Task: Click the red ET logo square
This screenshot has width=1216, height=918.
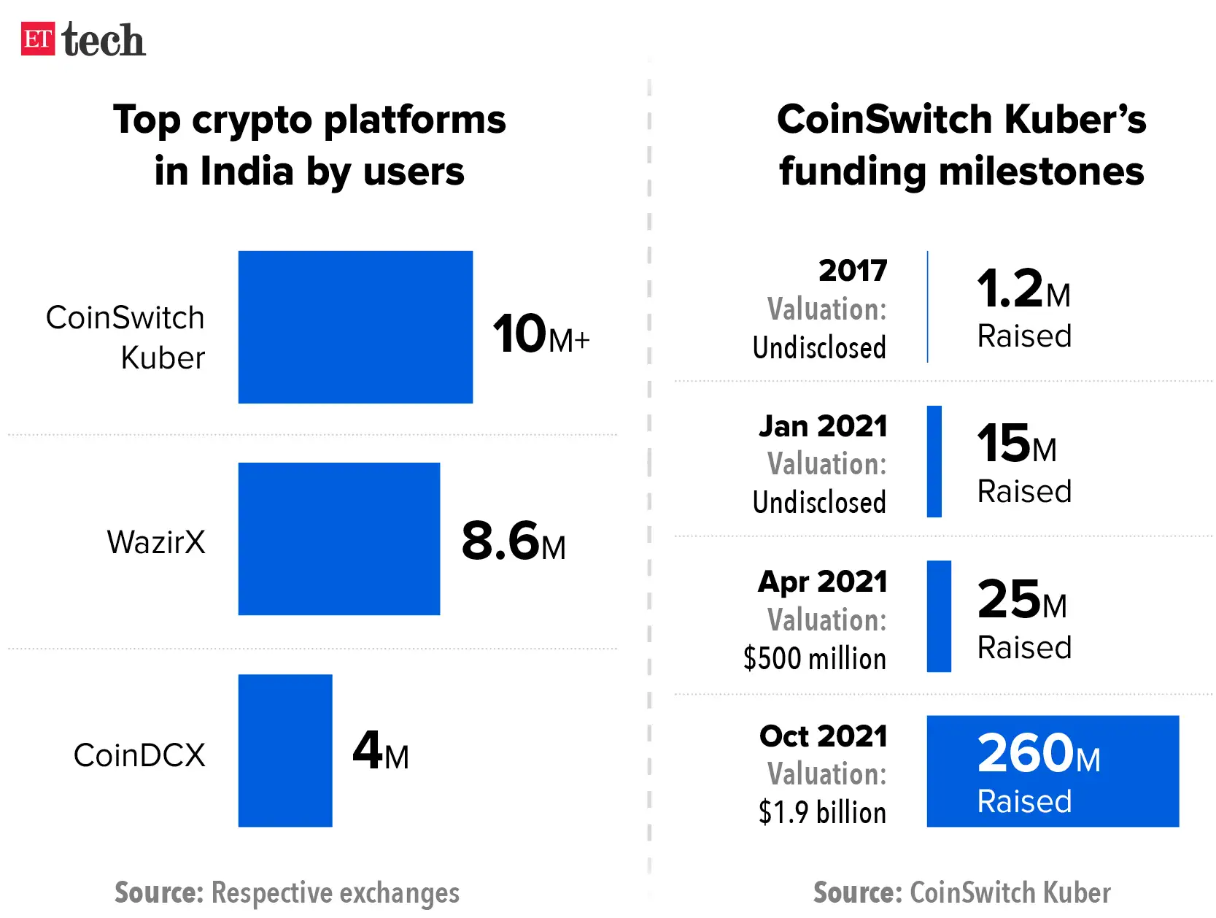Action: tap(38, 39)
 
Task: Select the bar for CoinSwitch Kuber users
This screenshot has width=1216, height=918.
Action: tap(355, 327)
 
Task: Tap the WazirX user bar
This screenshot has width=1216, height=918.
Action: tap(338, 539)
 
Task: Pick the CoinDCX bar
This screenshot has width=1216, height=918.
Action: tap(285, 750)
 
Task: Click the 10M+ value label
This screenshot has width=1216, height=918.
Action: tap(540, 335)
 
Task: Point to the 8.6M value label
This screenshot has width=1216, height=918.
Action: tap(513, 542)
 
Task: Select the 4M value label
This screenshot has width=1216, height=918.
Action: tap(380, 752)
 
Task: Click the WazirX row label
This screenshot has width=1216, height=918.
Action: tap(156, 542)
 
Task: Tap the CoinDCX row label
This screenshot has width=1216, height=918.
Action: tap(139, 755)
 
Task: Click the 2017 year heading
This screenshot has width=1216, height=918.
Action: tap(852, 271)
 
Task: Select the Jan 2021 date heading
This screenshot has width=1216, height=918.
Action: tap(823, 426)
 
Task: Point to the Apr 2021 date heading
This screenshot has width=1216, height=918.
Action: tap(822, 582)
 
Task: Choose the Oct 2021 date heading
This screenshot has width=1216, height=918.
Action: tap(823, 736)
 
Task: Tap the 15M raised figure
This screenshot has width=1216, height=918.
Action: tap(1016, 444)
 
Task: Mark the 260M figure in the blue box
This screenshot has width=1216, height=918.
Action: tap(1038, 754)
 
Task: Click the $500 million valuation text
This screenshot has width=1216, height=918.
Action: tap(814, 658)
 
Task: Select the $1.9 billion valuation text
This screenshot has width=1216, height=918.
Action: tap(822, 812)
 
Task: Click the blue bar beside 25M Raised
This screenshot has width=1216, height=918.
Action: tap(939, 616)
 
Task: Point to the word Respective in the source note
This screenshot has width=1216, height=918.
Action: tap(272, 892)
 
